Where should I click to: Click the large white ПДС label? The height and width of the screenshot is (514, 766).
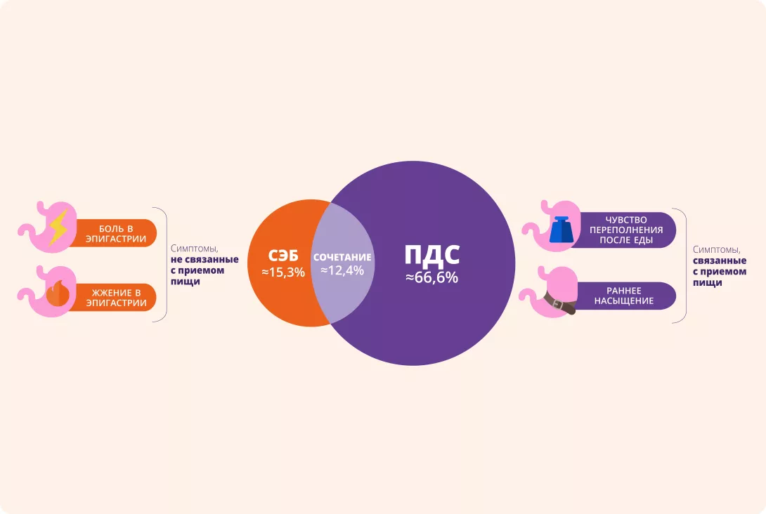pyautogui.click(x=431, y=256)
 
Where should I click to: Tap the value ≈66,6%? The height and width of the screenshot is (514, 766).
pyautogui.click(x=431, y=277)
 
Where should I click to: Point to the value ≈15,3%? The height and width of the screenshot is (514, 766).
pyautogui.click(x=283, y=272)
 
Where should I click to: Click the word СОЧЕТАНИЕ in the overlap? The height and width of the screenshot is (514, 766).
pyautogui.click(x=342, y=257)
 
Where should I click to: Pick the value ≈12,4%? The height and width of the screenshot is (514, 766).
pyautogui.click(x=342, y=270)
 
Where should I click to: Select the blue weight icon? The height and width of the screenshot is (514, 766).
pyautogui.click(x=561, y=230)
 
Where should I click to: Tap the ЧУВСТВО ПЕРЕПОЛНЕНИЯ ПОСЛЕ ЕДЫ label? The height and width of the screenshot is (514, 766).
pyautogui.click(x=626, y=229)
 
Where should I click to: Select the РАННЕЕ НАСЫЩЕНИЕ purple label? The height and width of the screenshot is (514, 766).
pyautogui.click(x=626, y=296)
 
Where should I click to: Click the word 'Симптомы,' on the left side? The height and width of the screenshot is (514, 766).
pyautogui.click(x=190, y=248)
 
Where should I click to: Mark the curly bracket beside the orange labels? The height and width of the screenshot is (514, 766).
pyautogui.click(x=163, y=264)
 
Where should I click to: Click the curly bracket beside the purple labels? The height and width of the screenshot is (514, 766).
pyautogui.click(x=682, y=265)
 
